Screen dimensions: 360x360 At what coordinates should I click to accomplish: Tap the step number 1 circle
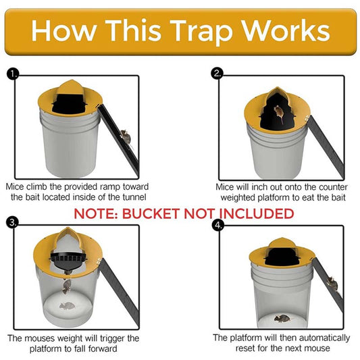pos(11,74)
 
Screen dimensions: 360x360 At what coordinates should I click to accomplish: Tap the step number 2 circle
pos(217,74)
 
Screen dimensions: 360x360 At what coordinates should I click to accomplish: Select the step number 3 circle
pos(11,222)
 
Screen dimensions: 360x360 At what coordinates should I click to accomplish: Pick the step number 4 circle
pos(217,225)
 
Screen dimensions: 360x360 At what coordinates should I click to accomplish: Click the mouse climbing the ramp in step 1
pos(126,138)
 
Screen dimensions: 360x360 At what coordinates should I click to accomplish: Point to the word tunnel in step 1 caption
pos(128,197)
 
